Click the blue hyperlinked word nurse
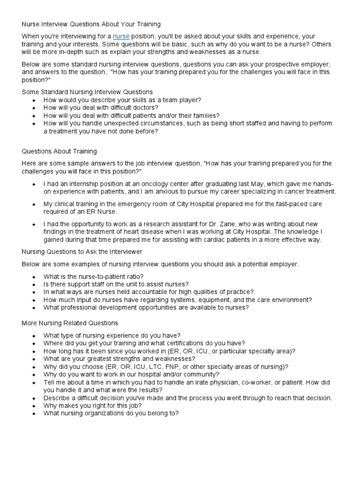click(121, 36)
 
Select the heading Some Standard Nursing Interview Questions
click(87, 92)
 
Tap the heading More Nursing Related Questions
click(70, 323)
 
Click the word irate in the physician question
click(192, 382)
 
